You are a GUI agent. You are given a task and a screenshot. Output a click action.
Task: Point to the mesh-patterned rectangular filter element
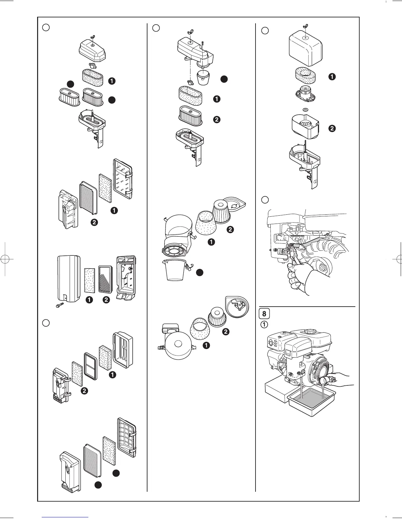pyautogui.click(x=106, y=279)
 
